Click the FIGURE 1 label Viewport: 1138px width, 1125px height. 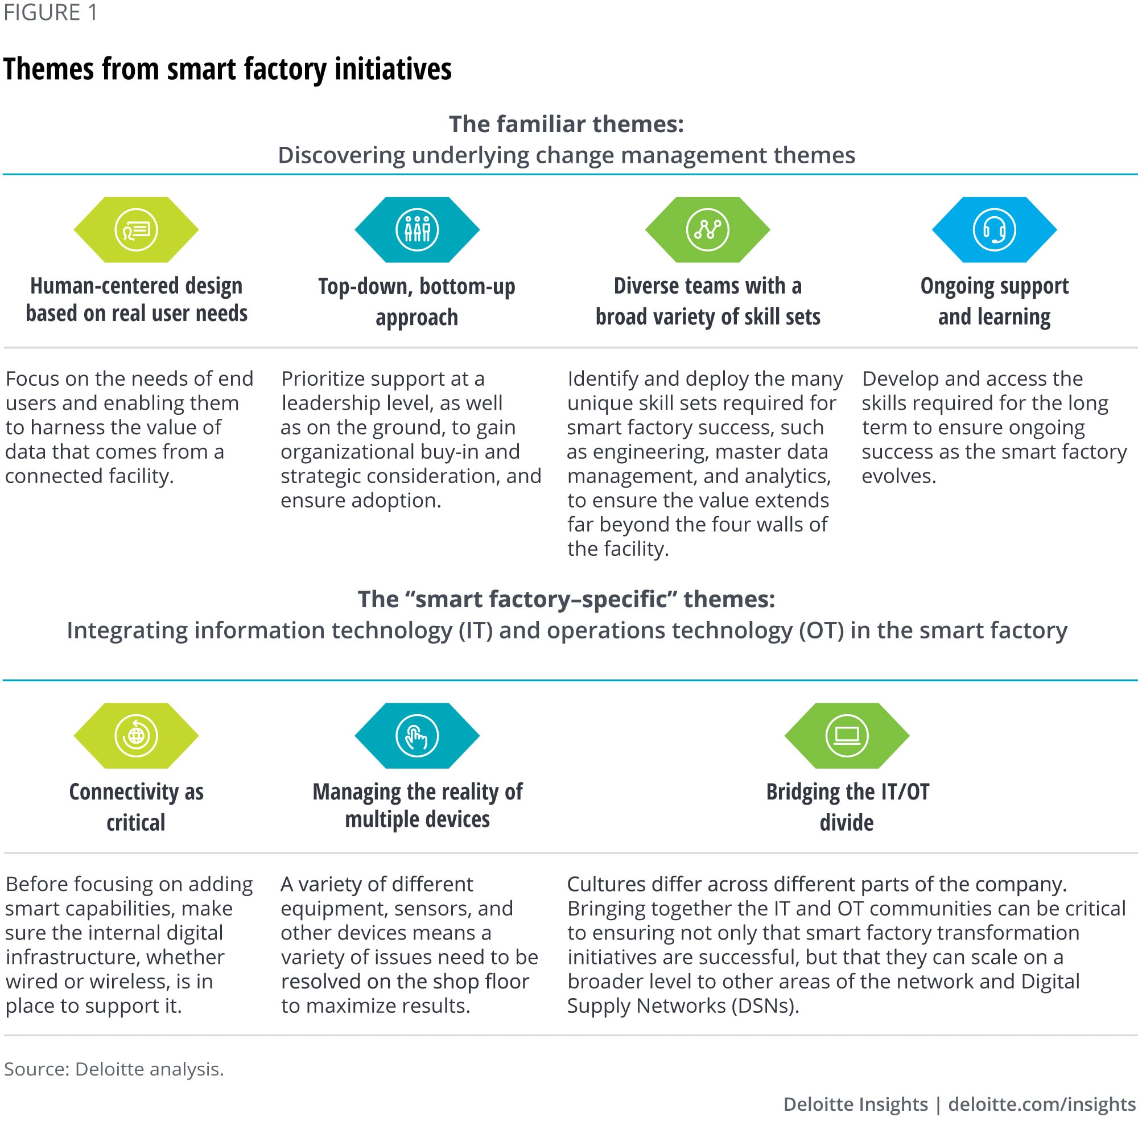click(51, 13)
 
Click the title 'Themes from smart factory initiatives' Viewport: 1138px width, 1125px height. click(228, 69)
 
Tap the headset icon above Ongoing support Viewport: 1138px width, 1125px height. click(993, 230)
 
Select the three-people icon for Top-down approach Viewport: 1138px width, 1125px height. click(417, 230)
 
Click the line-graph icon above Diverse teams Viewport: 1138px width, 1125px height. click(707, 230)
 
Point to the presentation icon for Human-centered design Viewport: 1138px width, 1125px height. click(136, 230)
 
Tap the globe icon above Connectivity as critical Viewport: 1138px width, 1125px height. click(136, 735)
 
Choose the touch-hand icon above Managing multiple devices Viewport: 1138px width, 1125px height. click(417, 735)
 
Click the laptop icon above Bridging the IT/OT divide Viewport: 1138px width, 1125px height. click(847, 735)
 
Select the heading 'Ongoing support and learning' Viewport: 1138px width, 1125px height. click(993, 301)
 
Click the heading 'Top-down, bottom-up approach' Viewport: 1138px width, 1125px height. click(417, 302)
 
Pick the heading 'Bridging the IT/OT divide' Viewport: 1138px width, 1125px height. click(847, 807)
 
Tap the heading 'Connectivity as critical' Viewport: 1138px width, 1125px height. click(136, 807)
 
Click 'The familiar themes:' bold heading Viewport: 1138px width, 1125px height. click(566, 124)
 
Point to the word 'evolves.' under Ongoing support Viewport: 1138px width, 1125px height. click(898, 476)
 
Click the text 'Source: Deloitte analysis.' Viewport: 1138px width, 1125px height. click(114, 1069)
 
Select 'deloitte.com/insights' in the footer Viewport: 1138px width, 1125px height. click(1041, 1103)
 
